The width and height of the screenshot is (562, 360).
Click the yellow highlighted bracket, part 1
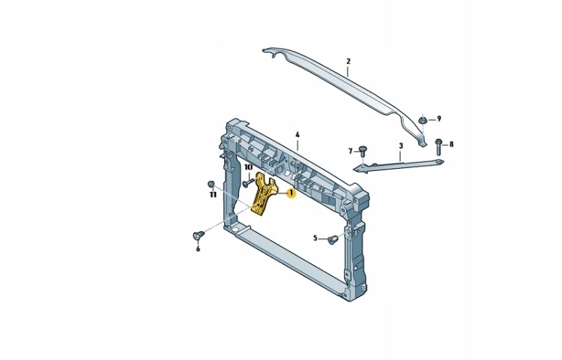(x=265, y=196)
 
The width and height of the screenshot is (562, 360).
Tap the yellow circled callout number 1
(x=291, y=193)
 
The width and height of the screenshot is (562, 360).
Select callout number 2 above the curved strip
(x=348, y=61)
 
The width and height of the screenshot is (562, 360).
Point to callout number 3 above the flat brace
(x=401, y=146)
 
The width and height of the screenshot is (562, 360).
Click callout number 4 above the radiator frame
(x=297, y=135)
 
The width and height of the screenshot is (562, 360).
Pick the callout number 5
(x=315, y=238)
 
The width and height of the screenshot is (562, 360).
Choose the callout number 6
(x=198, y=249)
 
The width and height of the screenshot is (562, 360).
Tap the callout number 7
(x=351, y=151)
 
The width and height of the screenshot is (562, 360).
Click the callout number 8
(x=451, y=144)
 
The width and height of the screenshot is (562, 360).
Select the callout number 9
(x=438, y=118)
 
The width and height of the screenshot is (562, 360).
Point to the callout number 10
(x=248, y=167)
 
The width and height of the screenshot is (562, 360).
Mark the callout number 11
(x=213, y=195)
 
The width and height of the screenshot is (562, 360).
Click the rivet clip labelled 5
(x=333, y=239)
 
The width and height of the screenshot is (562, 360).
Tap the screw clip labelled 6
(x=199, y=235)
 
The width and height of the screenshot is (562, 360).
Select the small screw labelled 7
(x=363, y=151)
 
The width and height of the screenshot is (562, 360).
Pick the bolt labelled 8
(x=438, y=146)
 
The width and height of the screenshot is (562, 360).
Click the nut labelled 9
(x=423, y=120)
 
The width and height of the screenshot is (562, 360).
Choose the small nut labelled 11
(x=211, y=184)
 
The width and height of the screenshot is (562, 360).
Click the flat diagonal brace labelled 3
(x=398, y=166)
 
